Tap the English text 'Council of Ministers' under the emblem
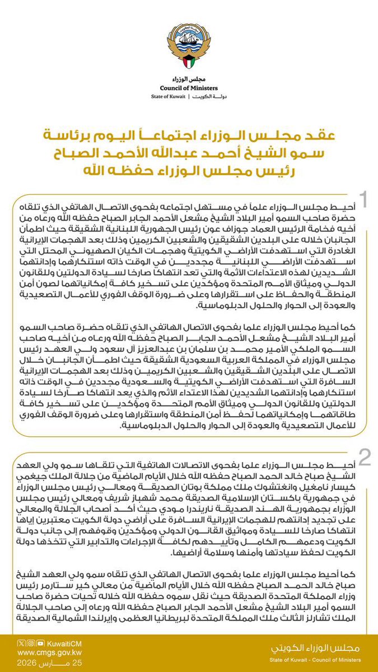(x=189, y=87)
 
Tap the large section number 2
(x=364, y=458)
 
